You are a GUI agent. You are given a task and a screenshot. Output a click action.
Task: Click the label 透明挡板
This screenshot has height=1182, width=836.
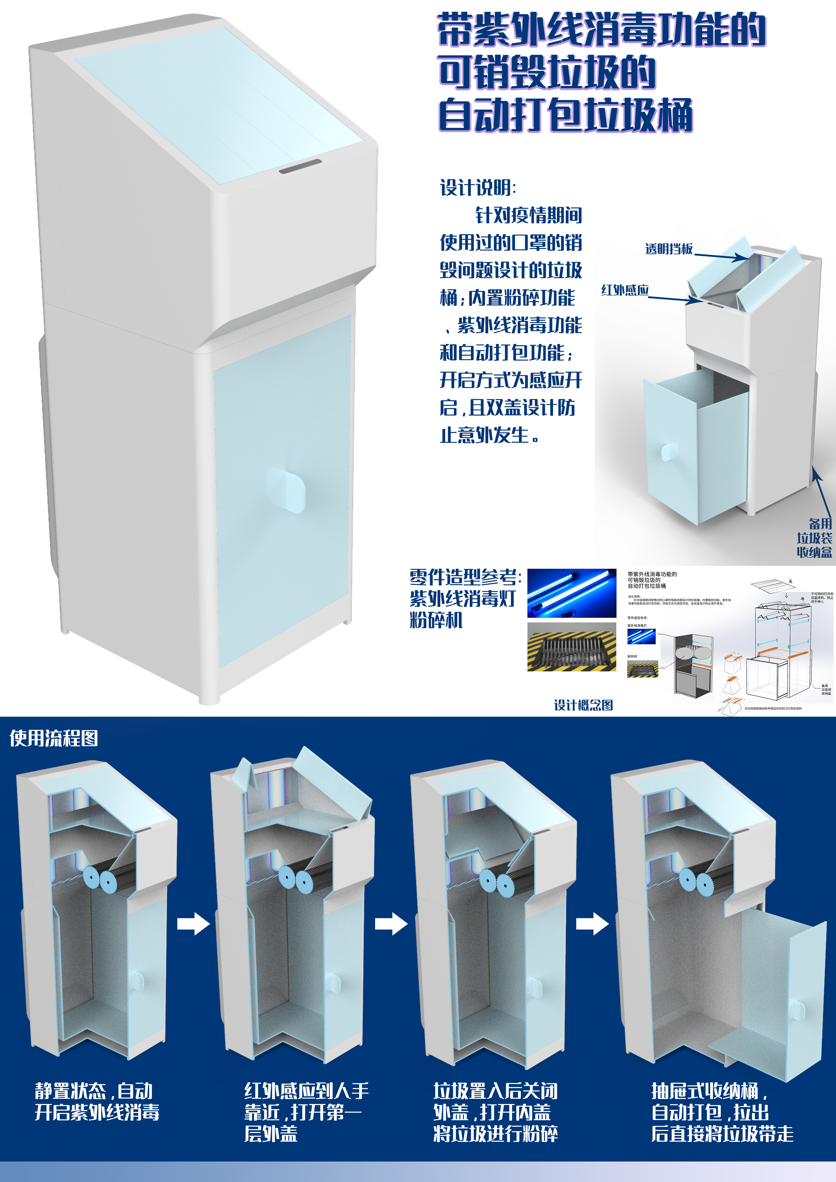point(669,249)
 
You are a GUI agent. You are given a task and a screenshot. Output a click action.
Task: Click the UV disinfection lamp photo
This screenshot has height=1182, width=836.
point(571,593)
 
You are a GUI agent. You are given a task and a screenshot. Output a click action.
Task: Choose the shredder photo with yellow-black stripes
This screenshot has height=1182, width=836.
point(571,647)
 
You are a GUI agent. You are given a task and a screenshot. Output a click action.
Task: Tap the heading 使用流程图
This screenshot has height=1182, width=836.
point(54,738)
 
